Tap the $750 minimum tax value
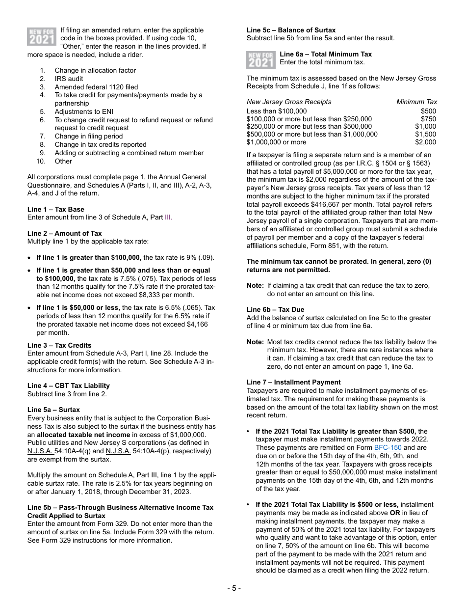428,119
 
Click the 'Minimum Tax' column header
416,102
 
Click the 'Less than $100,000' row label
276,111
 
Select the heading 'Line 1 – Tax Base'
55,209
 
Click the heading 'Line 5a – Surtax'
53,410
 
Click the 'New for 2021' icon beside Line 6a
261,59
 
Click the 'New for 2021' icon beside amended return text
41,36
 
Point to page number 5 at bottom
233,588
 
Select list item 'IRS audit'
69,79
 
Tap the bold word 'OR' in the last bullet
395,513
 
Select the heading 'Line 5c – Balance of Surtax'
291,30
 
